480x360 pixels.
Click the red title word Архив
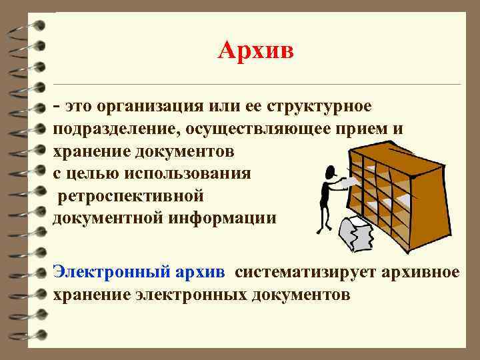point(255,51)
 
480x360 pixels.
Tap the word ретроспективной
point(135,196)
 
